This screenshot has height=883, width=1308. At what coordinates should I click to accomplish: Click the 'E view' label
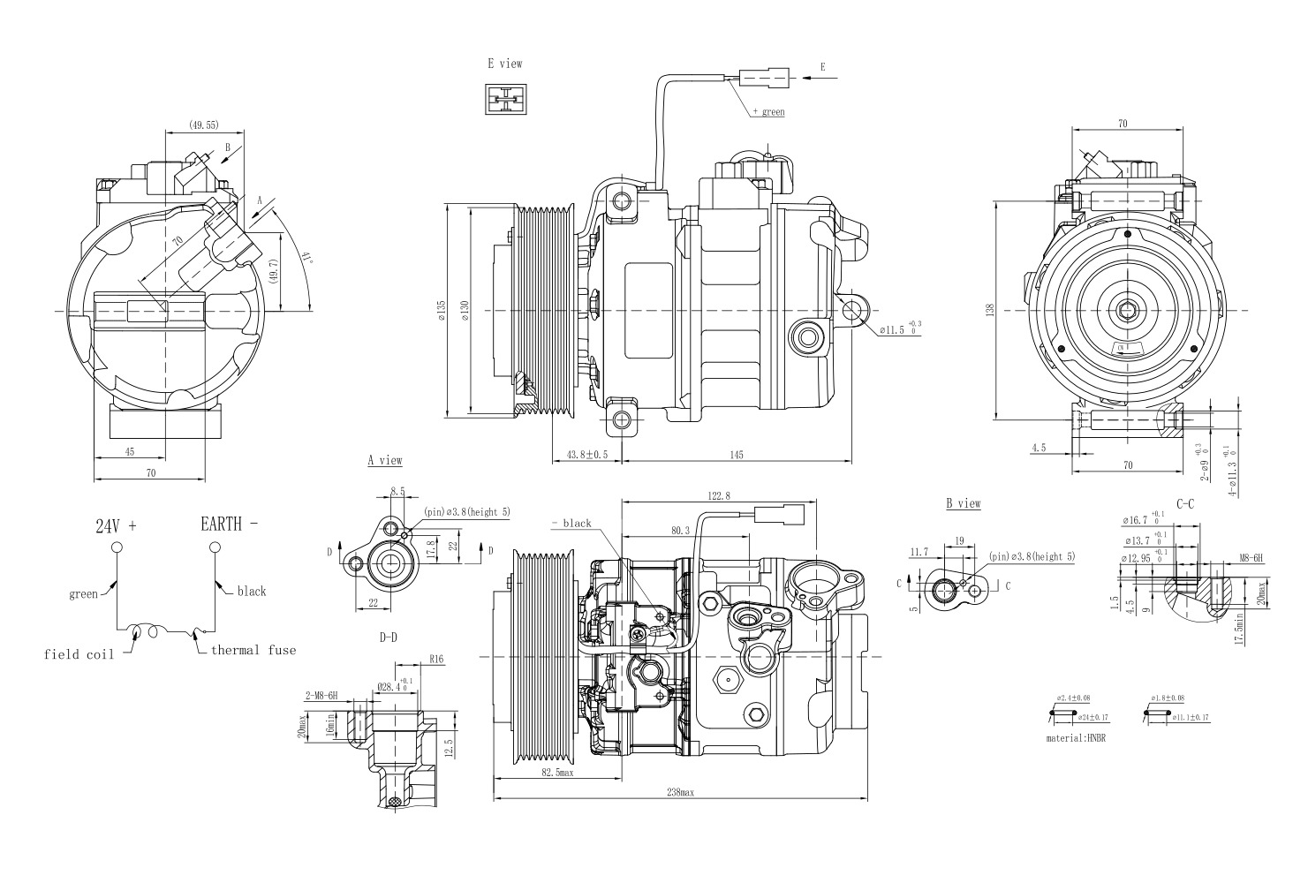tap(504, 64)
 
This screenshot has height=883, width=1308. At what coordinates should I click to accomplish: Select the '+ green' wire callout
tap(767, 112)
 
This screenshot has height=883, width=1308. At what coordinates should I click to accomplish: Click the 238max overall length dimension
tap(680, 793)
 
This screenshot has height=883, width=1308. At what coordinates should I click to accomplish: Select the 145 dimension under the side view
tap(736, 455)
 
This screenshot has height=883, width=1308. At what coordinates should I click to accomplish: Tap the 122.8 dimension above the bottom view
tap(720, 496)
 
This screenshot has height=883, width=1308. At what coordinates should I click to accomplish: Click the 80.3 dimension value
tap(680, 531)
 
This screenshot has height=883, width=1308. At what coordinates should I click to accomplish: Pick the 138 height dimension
tap(990, 310)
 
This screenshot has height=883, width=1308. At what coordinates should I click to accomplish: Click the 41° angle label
tap(307, 260)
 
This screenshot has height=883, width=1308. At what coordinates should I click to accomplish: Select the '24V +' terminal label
tap(116, 525)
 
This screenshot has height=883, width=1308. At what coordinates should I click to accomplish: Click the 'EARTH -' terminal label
tap(230, 525)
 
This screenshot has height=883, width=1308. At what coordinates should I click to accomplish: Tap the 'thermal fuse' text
tap(253, 650)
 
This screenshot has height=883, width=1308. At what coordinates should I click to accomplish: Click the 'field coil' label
tap(79, 654)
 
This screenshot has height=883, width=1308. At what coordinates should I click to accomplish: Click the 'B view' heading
tap(963, 503)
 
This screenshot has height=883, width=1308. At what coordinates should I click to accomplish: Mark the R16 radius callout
tap(436, 658)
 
